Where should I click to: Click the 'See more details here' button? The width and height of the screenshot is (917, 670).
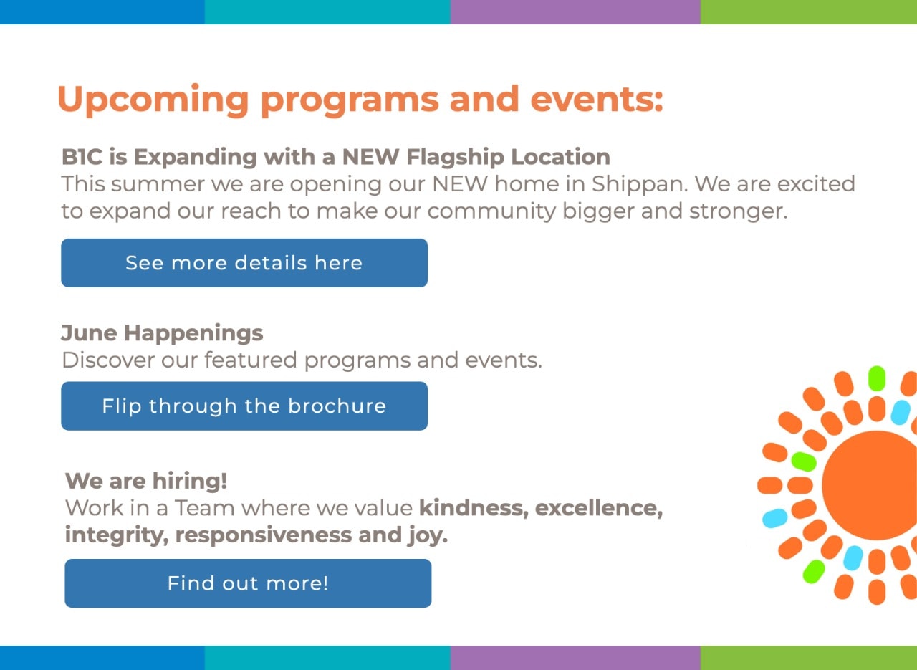pyautogui.click(x=244, y=263)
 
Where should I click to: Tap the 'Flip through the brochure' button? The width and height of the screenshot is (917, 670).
pyautogui.click(x=244, y=406)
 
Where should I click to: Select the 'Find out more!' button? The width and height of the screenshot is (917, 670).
pyautogui.click(x=248, y=583)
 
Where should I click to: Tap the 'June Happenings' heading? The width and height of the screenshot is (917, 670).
pyautogui.click(x=162, y=333)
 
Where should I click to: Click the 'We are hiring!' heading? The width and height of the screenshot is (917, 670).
pyautogui.click(x=146, y=480)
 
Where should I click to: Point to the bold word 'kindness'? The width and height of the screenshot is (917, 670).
pyautogui.click(x=473, y=508)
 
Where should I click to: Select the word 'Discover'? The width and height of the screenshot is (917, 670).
pyautogui.click(x=107, y=360)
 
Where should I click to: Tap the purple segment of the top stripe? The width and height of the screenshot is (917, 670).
pyautogui.click(x=575, y=12)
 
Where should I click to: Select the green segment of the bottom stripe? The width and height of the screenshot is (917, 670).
pyautogui.click(x=808, y=657)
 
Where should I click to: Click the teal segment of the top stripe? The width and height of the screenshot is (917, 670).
pyautogui.click(x=327, y=12)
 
